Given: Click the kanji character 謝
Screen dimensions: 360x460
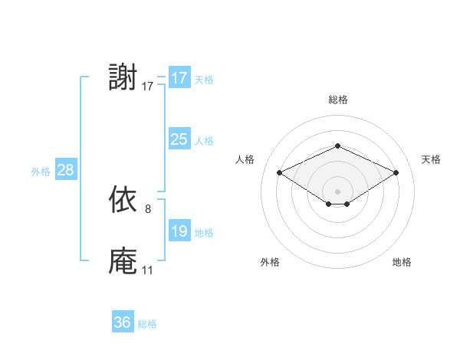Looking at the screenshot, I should click(123, 78).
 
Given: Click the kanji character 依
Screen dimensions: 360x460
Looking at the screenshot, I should click(123, 201).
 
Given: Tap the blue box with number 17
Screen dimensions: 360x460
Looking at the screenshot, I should click(179, 78).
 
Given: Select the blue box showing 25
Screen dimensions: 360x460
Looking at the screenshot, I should click(179, 139).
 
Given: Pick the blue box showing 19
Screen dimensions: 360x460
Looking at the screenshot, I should click(179, 231).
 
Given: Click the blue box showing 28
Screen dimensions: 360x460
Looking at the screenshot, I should click(65, 170).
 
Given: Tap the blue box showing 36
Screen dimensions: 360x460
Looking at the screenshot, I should click(123, 322).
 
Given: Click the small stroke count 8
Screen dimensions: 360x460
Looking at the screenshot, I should click(148, 208).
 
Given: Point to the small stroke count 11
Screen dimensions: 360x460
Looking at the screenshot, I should click(147, 270).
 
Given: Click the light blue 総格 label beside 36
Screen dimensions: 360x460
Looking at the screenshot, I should click(147, 324).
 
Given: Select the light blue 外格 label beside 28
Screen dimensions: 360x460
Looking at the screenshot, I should click(41, 172).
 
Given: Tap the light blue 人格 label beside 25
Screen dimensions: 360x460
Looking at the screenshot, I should click(204, 141).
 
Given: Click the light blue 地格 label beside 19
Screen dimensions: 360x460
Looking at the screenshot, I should click(204, 233).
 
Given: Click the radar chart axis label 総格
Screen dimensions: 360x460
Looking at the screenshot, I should click(337, 100).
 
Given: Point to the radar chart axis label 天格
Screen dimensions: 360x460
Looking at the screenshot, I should click(431, 159).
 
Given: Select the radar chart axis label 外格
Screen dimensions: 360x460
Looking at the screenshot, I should click(270, 262).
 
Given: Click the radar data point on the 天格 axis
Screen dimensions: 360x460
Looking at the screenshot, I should click(396, 173).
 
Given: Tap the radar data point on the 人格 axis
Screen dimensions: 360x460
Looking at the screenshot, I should click(279, 173).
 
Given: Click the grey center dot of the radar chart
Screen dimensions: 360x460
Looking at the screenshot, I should click(337, 191).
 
